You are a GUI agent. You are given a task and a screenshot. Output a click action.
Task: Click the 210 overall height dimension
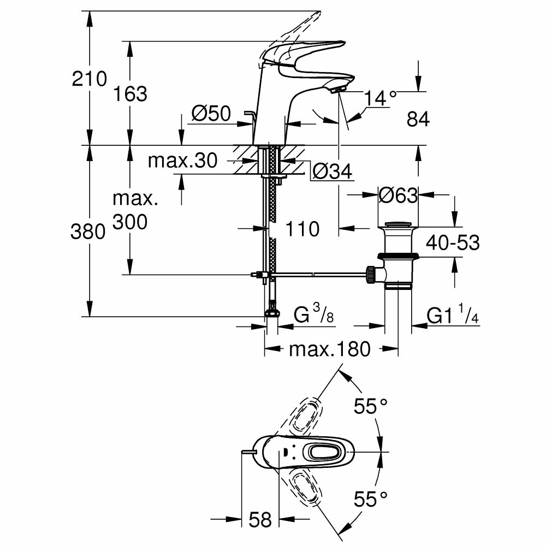[x=90, y=79]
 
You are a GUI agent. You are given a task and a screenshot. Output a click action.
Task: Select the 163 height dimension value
[x=130, y=94]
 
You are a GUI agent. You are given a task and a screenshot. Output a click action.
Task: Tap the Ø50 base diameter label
[x=211, y=114]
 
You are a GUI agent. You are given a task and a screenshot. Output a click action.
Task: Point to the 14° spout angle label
[x=381, y=98]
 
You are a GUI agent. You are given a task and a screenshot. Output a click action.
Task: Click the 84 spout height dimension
[x=418, y=119]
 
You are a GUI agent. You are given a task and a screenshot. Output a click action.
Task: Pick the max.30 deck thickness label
[x=183, y=161]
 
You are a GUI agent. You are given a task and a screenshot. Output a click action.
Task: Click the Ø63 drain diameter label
[x=399, y=194]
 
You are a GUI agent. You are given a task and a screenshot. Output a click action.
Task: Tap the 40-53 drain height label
[x=453, y=242]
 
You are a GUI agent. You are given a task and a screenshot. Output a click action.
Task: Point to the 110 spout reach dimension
[x=302, y=229]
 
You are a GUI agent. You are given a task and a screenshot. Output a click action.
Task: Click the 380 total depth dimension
[x=88, y=232]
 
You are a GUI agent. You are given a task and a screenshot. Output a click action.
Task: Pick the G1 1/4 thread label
[x=453, y=316]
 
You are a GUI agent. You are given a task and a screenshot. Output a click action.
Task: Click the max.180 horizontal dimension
[x=329, y=348]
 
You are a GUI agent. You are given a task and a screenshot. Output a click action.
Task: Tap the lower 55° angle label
[x=371, y=498]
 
